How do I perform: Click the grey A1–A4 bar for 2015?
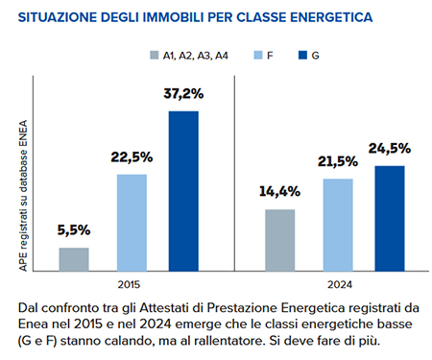pyautogui.click(x=74, y=259)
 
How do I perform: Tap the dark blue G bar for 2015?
pyautogui.click(x=183, y=191)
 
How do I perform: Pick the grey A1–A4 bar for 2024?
pyautogui.click(x=279, y=240)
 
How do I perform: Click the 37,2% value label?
pyautogui.click(x=184, y=94)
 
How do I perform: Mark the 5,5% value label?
pyautogui.click(x=73, y=230)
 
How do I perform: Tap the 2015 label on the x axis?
pyautogui.click(x=129, y=285)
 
